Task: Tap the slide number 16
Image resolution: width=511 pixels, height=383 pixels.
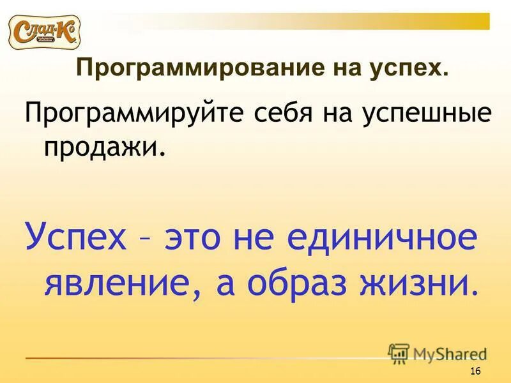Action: click(x=475, y=372)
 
